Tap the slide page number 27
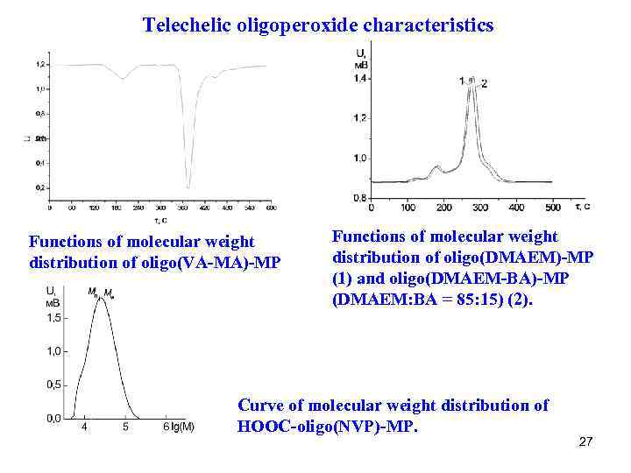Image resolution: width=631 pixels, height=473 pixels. pyautogui.click(x=586, y=441)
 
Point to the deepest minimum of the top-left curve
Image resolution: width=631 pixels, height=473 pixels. pyautogui.click(x=188, y=186)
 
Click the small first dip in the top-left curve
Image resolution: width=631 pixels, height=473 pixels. pyautogui.click(x=124, y=79)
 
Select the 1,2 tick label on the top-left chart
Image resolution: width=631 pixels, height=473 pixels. pyautogui.click(x=40, y=65)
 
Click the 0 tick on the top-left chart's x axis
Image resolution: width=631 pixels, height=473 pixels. pyautogui.click(x=49, y=208)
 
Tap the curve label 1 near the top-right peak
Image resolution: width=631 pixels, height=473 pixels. pyautogui.click(x=461, y=81)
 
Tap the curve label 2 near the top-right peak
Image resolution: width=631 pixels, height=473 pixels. pyautogui.click(x=484, y=84)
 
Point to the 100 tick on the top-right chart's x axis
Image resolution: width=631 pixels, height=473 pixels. pyautogui.click(x=408, y=208)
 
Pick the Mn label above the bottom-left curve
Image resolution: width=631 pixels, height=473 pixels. pyautogui.click(x=93, y=292)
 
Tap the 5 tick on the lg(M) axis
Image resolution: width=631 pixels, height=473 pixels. pyautogui.click(x=125, y=427)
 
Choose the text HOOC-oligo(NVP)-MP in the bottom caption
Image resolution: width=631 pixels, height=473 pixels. pyautogui.click(x=328, y=427)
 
